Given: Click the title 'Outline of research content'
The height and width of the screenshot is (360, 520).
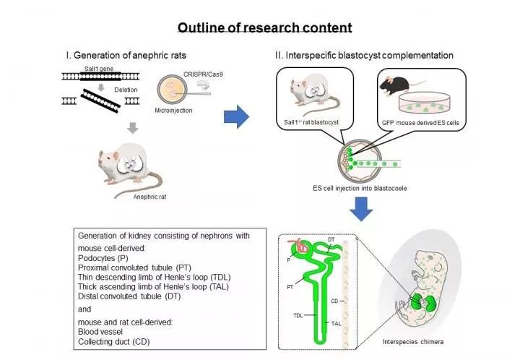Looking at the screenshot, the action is (x=264, y=27).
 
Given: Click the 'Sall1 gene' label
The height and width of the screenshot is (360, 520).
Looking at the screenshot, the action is (x=99, y=69).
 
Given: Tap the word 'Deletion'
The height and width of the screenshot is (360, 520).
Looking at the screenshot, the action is (x=126, y=90).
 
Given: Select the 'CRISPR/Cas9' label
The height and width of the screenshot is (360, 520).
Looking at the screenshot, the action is (x=203, y=74).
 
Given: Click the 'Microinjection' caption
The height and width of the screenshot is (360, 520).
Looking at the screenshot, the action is (x=173, y=111).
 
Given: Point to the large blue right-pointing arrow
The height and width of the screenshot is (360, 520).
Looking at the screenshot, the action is (x=236, y=117).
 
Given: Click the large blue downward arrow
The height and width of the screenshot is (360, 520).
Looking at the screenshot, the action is (x=361, y=209).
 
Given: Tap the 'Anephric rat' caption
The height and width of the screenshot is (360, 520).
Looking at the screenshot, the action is (x=149, y=197).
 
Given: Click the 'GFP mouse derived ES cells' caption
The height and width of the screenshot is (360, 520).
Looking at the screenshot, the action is (x=420, y=123).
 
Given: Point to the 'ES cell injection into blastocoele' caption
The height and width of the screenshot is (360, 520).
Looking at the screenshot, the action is (x=360, y=188).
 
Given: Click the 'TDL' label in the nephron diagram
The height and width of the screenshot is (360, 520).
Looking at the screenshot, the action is (x=298, y=315).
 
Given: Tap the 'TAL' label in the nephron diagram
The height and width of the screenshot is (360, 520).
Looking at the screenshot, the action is (x=336, y=323).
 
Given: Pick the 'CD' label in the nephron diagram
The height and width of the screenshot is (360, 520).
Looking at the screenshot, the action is (x=334, y=301).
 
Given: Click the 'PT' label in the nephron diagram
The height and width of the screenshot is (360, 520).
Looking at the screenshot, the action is (x=290, y=287).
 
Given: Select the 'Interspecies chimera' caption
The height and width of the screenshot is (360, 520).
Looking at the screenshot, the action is (x=413, y=342).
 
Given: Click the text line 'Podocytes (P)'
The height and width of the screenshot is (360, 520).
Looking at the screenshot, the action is (x=103, y=258).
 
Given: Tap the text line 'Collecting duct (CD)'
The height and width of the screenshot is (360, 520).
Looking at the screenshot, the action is (x=114, y=341).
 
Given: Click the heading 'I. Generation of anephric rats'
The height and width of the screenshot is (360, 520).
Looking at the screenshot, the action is (x=126, y=55).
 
